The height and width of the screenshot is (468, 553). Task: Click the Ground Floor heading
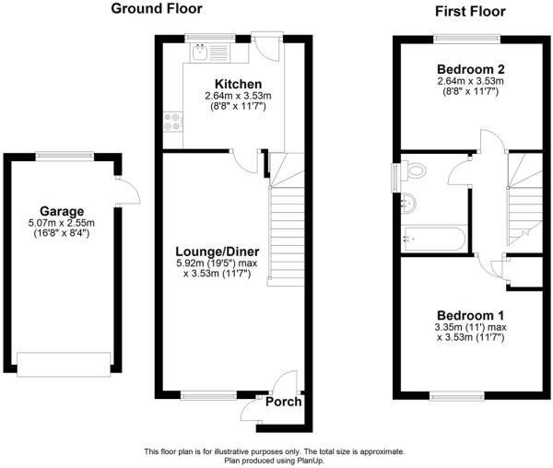(x=157, y=9)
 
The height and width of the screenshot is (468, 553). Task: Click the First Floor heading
(x=470, y=12)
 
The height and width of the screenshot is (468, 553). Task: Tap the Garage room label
(x=62, y=212)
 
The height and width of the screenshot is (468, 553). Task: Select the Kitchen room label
(x=238, y=84)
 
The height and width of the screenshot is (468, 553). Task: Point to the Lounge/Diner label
(x=218, y=252)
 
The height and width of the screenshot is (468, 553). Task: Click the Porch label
(x=284, y=402)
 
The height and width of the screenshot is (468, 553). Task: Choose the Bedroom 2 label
(x=470, y=69)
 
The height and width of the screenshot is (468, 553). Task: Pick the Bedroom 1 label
(x=470, y=315)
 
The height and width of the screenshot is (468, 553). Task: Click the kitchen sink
(x=200, y=53)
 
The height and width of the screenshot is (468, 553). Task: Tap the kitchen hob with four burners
(x=173, y=122)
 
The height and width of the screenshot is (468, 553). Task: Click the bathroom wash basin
(x=409, y=203)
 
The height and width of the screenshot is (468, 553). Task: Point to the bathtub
(x=435, y=240)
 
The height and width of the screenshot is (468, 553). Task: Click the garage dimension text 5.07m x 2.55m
(x=62, y=223)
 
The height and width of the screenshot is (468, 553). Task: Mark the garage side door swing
(x=127, y=190)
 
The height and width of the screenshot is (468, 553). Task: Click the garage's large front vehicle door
(x=64, y=364)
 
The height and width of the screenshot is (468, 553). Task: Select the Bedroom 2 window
(x=467, y=38)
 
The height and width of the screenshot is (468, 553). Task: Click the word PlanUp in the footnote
(x=310, y=461)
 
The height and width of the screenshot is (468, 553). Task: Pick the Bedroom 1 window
(x=457, y=396)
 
